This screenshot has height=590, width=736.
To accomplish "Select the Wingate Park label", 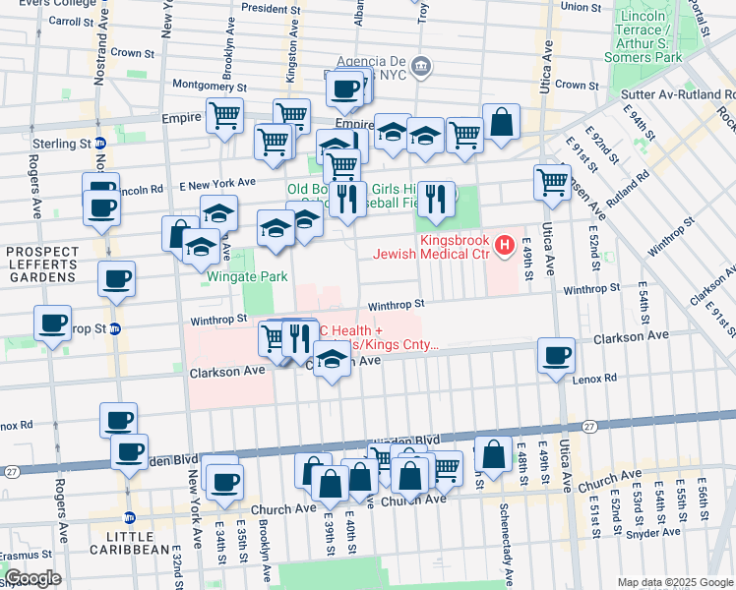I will point(246,276).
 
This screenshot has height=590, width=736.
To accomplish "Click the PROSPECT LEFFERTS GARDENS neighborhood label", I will point(42,265).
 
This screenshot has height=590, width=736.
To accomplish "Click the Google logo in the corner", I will point(32,578).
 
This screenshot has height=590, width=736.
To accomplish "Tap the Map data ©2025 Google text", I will point(674,582).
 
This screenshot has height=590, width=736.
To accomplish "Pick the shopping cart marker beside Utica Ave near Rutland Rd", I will point(553,181).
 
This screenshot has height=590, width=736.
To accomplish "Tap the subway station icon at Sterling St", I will point(99,144).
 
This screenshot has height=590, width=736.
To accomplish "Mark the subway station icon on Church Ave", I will point(128,517).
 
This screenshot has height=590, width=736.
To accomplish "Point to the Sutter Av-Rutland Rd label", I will point(678,94).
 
